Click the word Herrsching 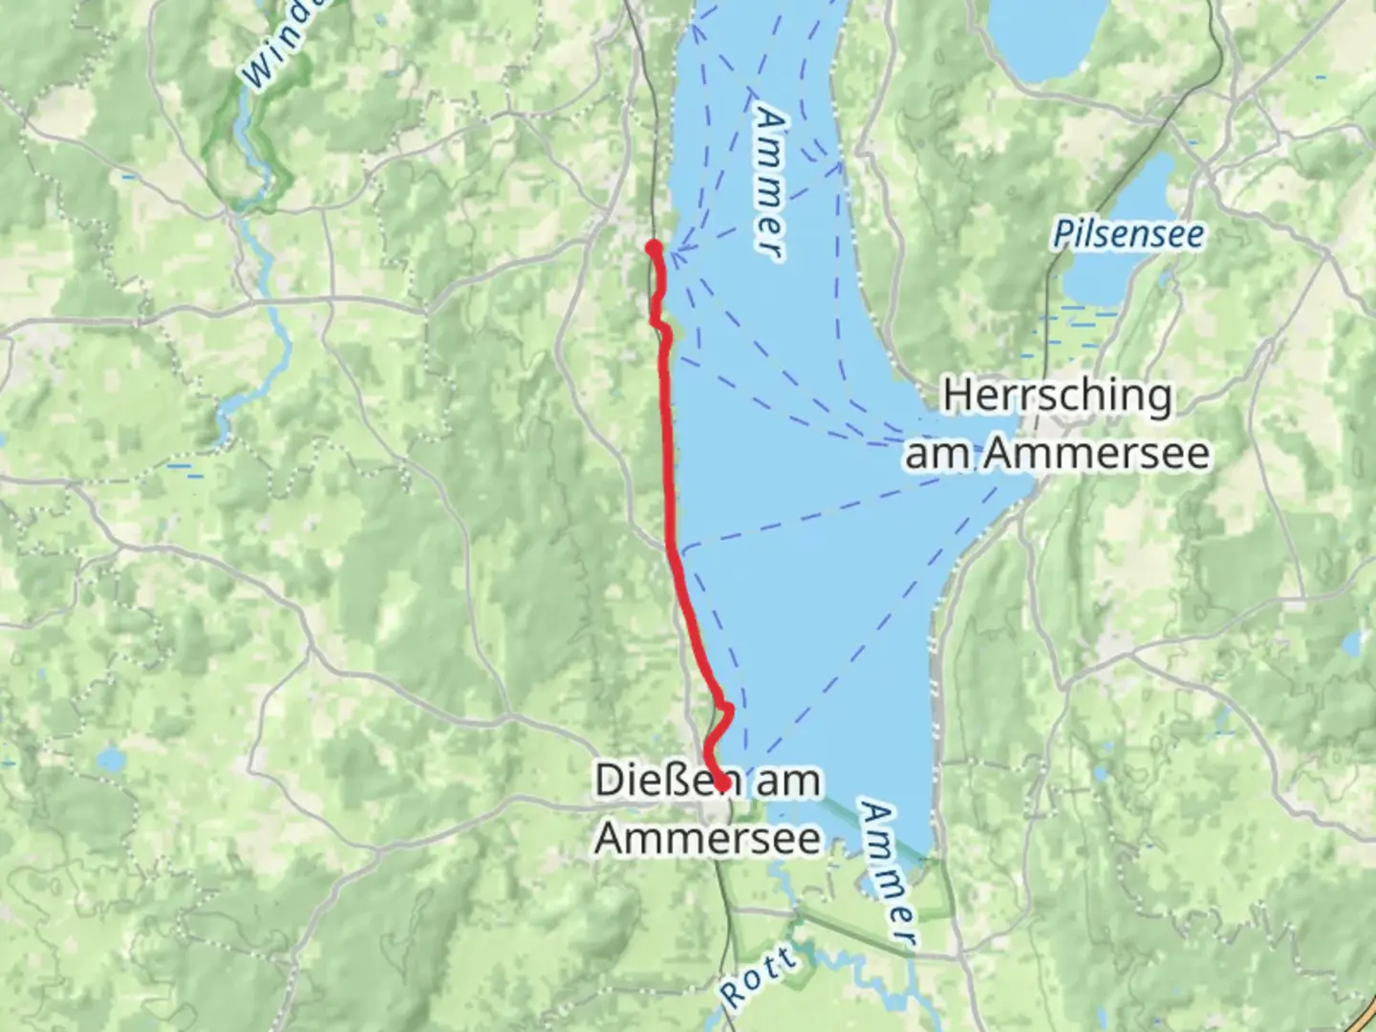[x=1057, y=396]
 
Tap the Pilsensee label [x=1128, y=234]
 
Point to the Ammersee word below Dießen [x=707, y=838]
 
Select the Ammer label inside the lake [x=770, y=182]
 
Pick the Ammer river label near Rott [x=889, y=874]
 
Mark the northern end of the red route [x=654, y=248]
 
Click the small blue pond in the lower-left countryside [x=112, y=761]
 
